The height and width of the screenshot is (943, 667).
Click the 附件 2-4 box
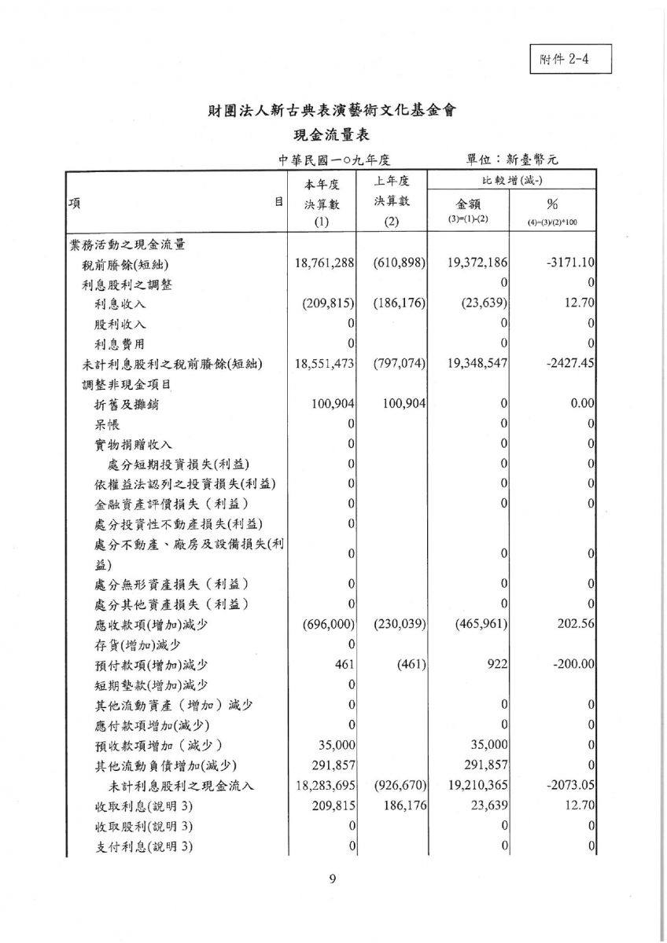[x=570, y=60]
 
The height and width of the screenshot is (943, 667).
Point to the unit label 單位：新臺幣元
[x=512, y=160]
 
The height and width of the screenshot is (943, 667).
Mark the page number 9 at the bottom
[x=333, y=879]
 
